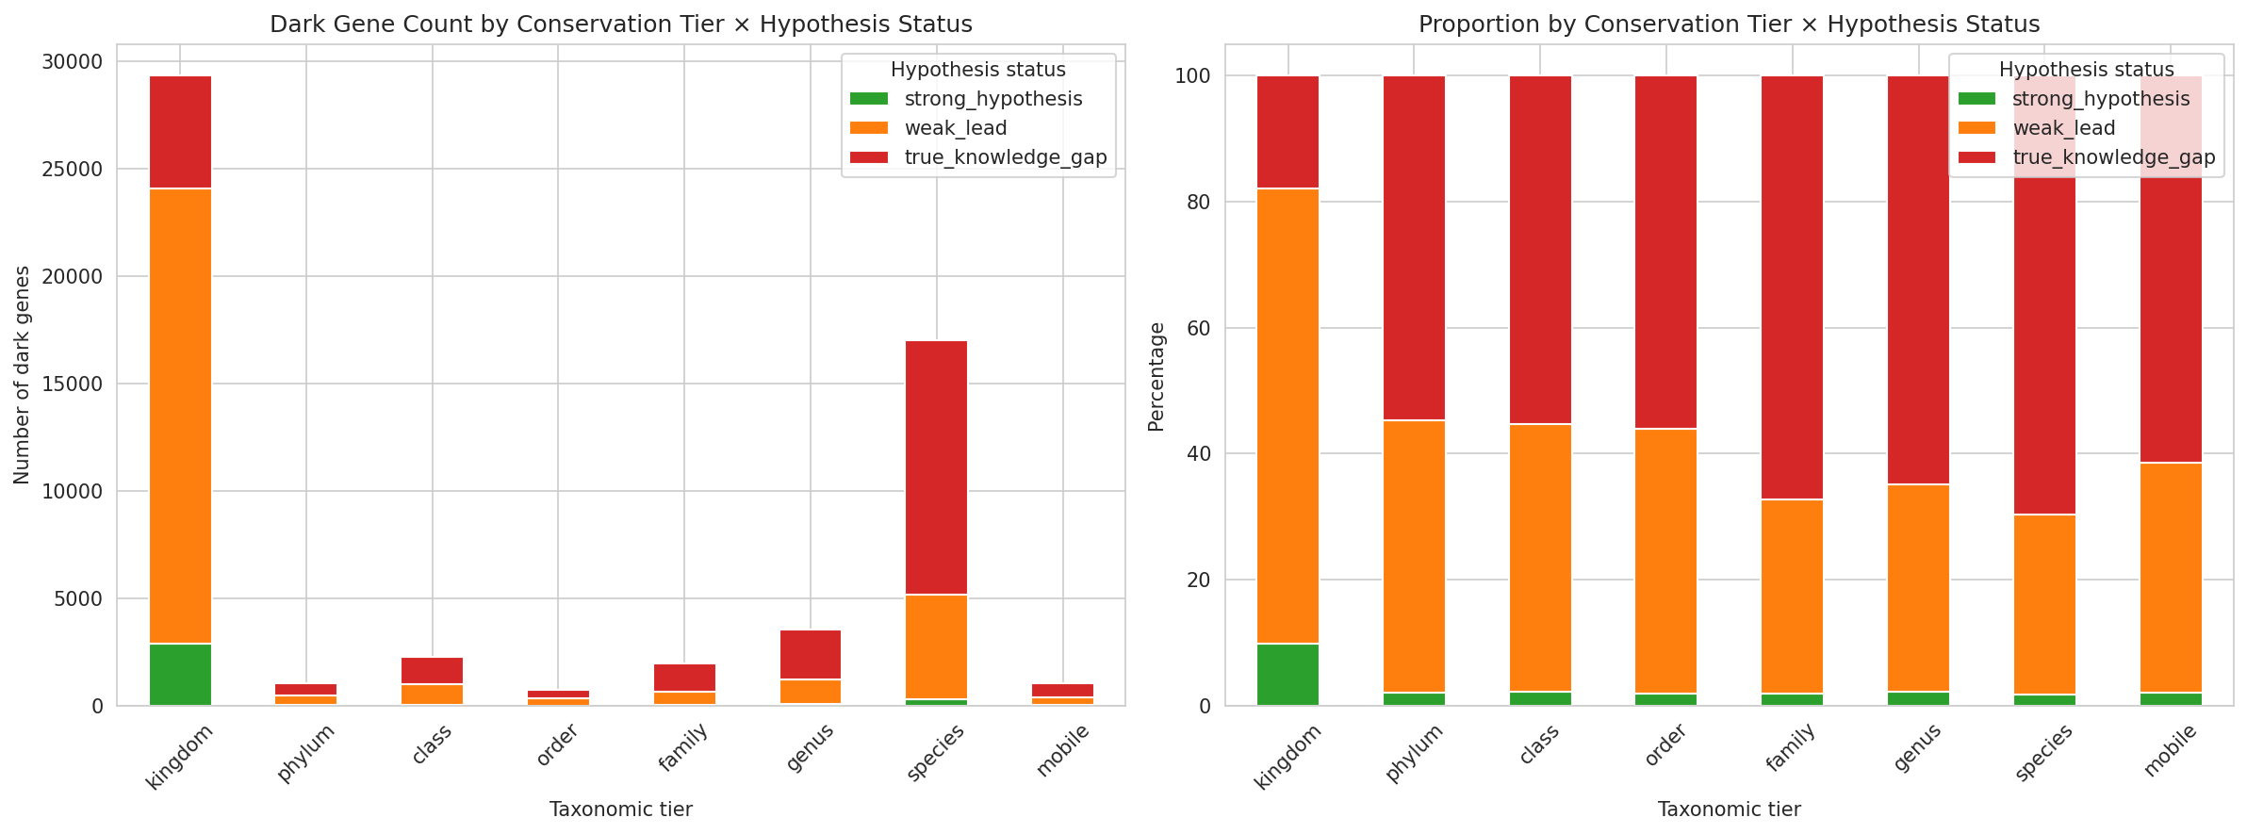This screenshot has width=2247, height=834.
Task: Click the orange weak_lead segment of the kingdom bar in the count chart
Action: [x=180, y=415]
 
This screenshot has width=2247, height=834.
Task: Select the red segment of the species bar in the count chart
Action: [x=936, y=466]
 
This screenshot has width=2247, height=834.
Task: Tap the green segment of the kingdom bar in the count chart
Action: [x=180, y=674]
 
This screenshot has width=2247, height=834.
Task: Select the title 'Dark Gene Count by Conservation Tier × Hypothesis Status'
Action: [x=620, y=25]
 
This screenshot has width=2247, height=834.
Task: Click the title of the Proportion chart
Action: [x=1729, y=25]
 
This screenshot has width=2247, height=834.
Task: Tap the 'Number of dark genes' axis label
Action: [x=22, y=375]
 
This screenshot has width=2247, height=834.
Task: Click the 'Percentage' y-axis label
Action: [x=1156, y=377]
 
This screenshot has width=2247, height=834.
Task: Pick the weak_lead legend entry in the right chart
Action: [x=2063, y=128]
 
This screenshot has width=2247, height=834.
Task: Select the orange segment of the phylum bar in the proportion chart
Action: [x=1414, y=556]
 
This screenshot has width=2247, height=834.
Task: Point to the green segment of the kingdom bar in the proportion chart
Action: [x=1288, y=674]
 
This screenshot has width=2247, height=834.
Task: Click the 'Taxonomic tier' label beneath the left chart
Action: [x=620, y=809]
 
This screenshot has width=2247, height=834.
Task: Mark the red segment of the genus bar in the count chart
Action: [x=810, y=654]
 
